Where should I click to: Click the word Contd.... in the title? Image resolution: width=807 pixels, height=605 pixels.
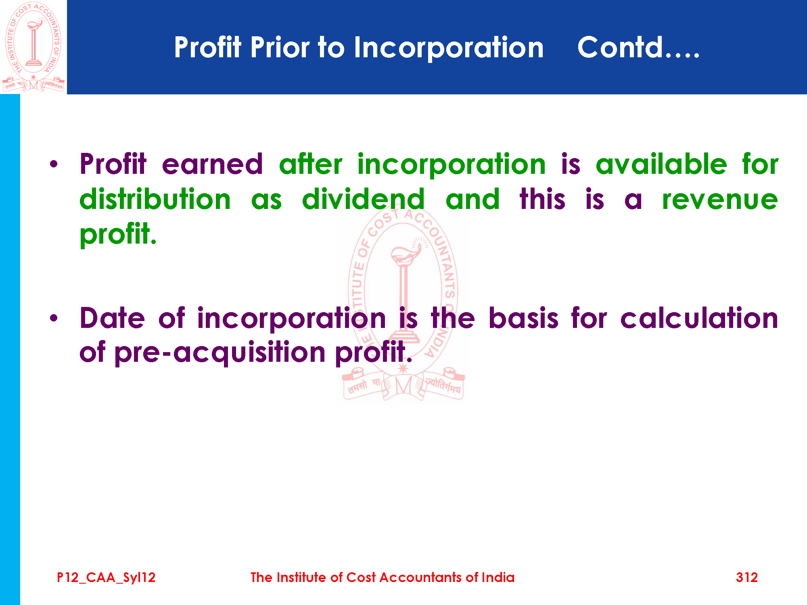tap(638, 48)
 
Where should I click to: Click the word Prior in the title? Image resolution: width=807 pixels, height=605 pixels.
tap(280, 48)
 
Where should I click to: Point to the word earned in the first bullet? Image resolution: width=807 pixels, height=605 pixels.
tap(212, 164)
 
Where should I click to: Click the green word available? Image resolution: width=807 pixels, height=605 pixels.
tap(661, 164)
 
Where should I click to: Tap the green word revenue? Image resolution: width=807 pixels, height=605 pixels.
tap(720, 200)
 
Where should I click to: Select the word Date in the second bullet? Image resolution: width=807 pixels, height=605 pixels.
tap(112, 318)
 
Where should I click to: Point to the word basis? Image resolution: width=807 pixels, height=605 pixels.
tap(523, 318)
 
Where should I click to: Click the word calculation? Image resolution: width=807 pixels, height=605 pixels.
tap(699, 318)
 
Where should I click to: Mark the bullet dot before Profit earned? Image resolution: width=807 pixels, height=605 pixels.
tap(54, 164)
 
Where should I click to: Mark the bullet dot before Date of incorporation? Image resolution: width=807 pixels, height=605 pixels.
tap(54, 318)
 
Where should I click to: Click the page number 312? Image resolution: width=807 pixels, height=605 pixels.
tap(747, 578)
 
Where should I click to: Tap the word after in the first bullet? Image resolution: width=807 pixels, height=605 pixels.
tap(311, 164)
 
